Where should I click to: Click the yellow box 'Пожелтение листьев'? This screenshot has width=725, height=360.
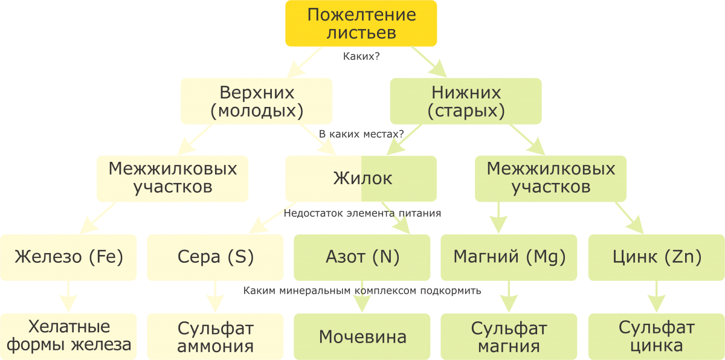[361, 24]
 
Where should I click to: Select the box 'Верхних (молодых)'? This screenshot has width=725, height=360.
[257, 101]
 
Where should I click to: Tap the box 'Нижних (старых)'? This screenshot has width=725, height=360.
[466, 101]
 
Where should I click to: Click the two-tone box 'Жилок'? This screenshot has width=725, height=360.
[361, 179]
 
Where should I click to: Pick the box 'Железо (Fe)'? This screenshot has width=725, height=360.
[68, 257]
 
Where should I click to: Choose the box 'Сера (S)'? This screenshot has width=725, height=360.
[215, 257]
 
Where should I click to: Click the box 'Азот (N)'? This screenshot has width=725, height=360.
[362, 257]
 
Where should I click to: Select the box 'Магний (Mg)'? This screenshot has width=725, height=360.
[509, 257]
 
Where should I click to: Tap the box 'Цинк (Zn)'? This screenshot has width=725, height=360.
[656, 257]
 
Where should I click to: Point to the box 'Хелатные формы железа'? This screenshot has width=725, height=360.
[68, 336]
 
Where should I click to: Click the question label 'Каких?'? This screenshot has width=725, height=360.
[361, 56]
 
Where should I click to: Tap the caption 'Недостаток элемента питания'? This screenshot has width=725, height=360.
[362, 213]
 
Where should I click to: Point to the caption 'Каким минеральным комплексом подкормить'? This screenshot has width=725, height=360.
[362, 291]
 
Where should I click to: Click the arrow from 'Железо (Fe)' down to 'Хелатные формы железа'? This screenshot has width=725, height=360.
[68, 296]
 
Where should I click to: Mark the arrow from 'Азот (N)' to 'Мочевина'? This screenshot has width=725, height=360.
[362, 300]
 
